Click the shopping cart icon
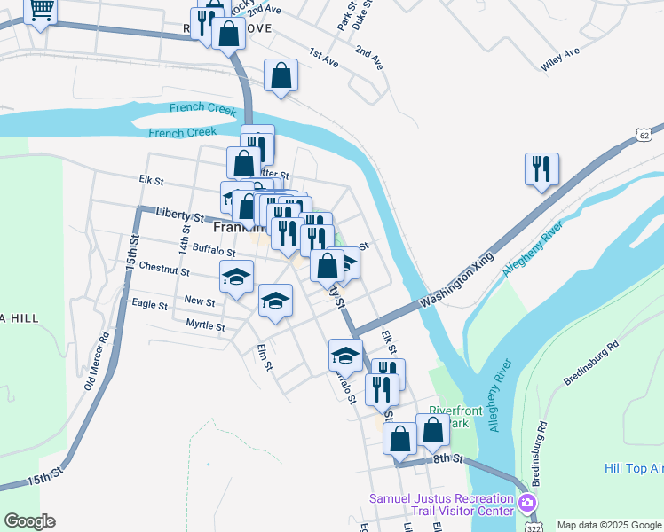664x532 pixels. (x=40, y=11)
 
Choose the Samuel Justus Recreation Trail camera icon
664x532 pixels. (x=527, y=505)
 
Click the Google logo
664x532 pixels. (x=29, y=521)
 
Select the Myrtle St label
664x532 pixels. (x=205, y=325)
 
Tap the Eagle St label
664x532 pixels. (x=149, y=304)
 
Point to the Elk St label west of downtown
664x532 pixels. (x=152, y=180)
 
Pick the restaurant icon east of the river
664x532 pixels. (x=541, y=168)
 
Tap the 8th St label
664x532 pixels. (x=449, y=458)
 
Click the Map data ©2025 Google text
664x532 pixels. (x=607, y=525)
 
